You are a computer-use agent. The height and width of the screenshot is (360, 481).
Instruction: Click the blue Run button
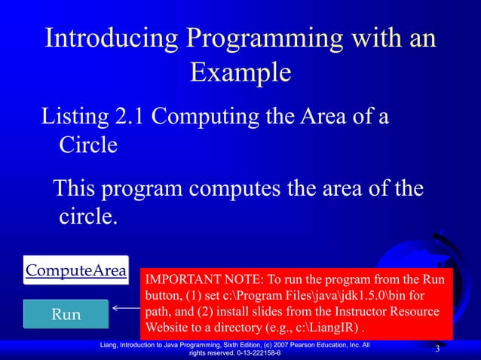coord(66,314)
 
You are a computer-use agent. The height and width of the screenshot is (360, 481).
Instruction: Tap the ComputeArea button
coord(75,271)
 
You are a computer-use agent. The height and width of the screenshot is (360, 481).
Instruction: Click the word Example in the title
coord(240,73)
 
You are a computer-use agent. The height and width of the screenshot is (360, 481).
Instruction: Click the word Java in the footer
coord(183,345)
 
